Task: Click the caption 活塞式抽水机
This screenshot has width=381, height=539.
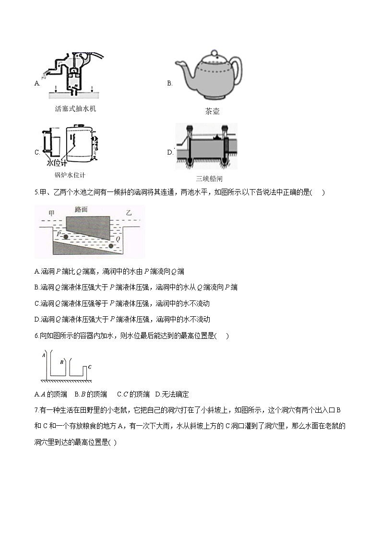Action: coord(75,109)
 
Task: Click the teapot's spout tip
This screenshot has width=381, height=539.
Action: coord(177,62)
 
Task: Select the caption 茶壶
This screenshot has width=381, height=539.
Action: coord(212,111)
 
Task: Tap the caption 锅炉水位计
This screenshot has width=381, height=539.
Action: coord(70,175)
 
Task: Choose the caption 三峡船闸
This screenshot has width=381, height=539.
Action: coord(209,179)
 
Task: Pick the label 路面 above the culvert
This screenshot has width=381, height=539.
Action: coord(82,209)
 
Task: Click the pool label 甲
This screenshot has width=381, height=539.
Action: coord(52,212)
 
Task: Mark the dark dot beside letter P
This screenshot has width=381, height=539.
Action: coord(66,237)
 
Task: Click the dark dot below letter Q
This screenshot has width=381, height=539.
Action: coord(112,246)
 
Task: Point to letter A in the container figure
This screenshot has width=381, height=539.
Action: coord(43,356)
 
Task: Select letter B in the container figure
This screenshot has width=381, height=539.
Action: coord(62,362)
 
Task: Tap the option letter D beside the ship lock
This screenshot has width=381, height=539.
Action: coord(169,153)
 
